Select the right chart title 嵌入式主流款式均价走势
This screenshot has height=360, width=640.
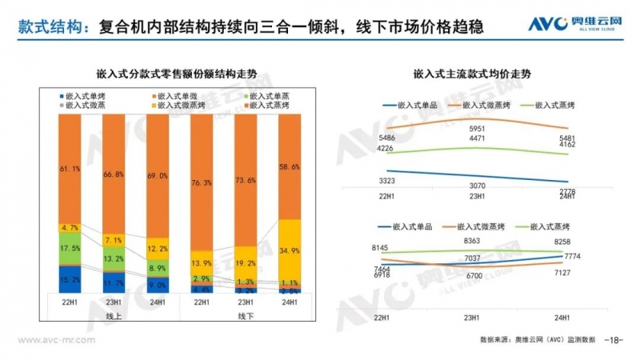click(472, 74)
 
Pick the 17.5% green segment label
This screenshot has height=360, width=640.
click(70, 249)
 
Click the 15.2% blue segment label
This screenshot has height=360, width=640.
click(70, 280)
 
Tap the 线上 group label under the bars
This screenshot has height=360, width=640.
click(114, 316)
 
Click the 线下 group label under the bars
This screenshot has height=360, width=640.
click(246, 316)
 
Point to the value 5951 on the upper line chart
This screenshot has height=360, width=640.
click(478, 130)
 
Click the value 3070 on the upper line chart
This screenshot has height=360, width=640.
click(478, 186)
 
